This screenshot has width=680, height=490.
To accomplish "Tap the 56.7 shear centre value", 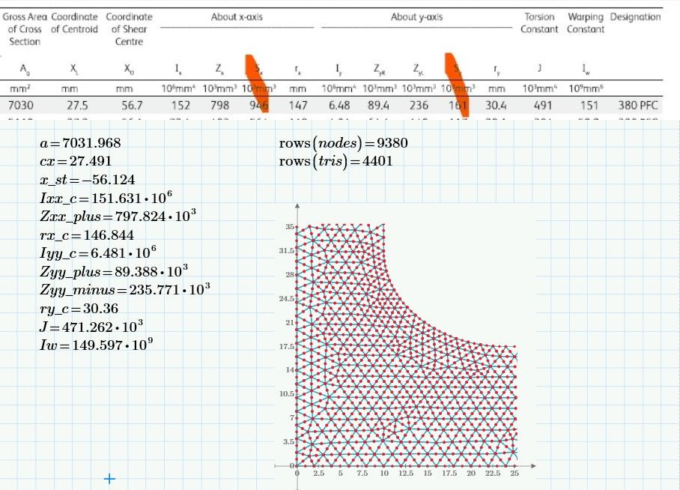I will [132, 106].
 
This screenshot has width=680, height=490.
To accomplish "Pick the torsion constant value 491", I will [542, 106].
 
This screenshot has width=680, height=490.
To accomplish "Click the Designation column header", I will [635, 16].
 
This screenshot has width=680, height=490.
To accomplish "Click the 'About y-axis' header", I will [417, 16].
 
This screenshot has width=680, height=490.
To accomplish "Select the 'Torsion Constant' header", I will [539, 23].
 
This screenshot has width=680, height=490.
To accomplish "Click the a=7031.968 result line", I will [81, 143].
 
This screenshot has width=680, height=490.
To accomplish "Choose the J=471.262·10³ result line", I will [92, 327].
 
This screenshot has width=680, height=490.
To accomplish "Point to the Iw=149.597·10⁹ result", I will [97, 345].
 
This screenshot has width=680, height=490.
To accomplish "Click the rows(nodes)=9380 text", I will [343, 143].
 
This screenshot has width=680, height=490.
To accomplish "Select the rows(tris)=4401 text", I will [337, 161].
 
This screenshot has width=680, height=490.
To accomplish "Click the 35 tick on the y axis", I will [289, 226].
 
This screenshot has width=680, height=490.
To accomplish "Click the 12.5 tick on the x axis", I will [404, 474].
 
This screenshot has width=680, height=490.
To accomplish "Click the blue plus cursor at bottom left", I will [109, 478].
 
